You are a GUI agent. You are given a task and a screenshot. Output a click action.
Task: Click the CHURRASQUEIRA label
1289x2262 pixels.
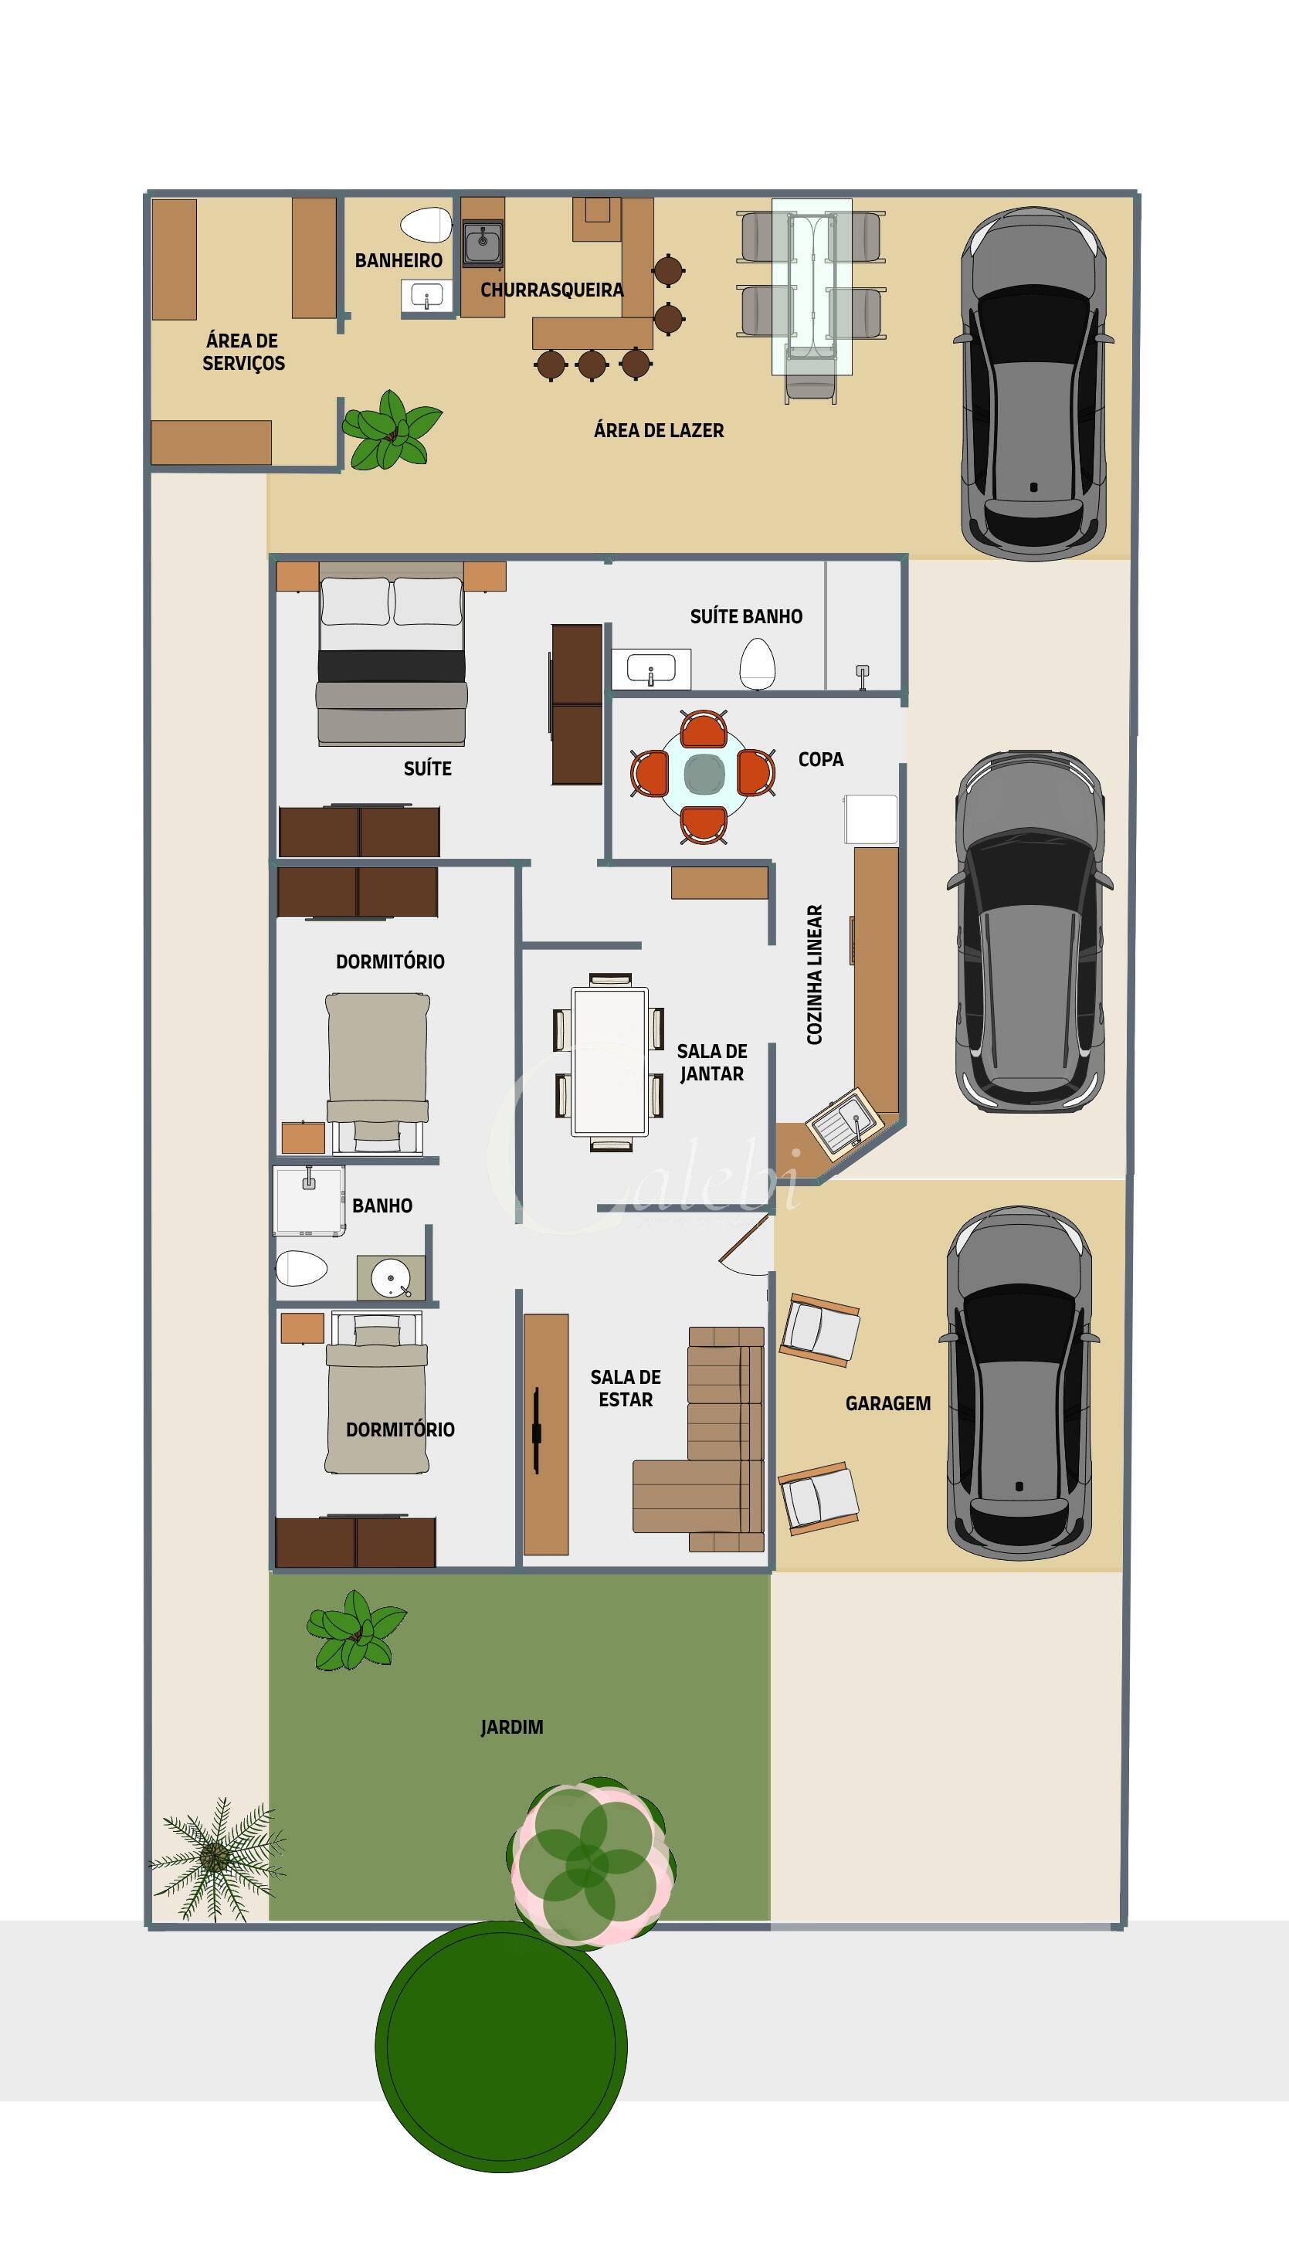[551, 290]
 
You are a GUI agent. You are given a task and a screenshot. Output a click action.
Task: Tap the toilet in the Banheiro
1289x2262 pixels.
[426, 225]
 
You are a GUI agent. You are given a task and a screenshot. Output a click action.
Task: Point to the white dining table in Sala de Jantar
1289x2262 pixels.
[609, 1061]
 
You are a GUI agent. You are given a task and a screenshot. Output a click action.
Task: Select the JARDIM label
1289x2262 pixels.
[512, 1726]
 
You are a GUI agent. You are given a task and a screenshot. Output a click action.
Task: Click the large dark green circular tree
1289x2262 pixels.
[501, 2045]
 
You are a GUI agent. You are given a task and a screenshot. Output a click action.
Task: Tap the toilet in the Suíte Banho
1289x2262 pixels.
[757, 663]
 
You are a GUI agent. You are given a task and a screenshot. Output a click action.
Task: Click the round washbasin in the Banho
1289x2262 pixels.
[391, 1278]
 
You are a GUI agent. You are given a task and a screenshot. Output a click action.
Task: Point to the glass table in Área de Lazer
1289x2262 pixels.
[811, 287]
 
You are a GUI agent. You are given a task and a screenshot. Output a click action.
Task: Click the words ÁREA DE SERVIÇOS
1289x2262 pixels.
[243, 351]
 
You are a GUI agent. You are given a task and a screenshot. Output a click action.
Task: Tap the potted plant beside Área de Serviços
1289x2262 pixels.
[391, 430]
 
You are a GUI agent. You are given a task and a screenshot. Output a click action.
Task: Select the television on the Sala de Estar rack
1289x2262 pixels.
[537, 1431]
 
